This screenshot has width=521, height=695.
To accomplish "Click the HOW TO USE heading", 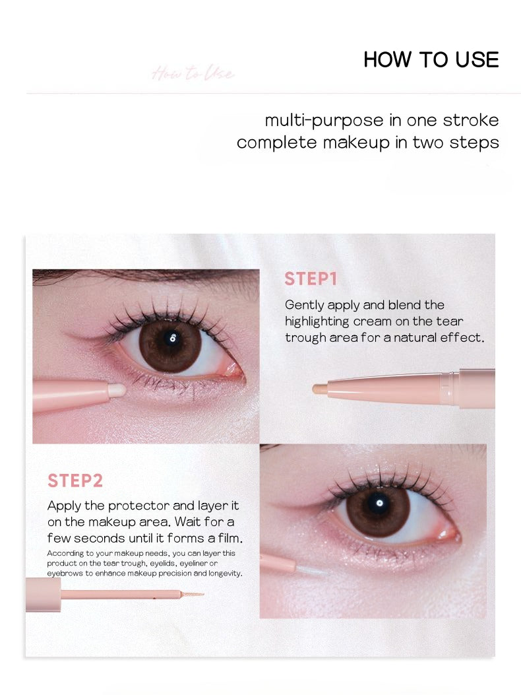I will coord(431,59).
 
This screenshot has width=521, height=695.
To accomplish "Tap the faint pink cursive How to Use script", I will coord(193,73).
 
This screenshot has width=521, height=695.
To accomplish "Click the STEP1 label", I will coord(311,279).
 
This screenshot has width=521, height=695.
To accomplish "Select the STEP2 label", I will coord(75,480).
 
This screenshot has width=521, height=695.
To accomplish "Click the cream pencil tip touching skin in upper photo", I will coord(117,390).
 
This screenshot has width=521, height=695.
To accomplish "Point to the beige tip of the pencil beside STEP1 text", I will coord(319,388).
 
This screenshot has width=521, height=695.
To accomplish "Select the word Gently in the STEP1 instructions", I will coord(306,306).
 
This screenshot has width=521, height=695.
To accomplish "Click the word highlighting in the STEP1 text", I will coord(318,322).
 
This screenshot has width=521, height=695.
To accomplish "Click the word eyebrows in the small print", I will coord(61,574).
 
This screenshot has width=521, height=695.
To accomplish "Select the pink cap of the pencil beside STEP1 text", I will coord(477,388).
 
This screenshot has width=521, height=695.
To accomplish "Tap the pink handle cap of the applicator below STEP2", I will coord(43,594).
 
